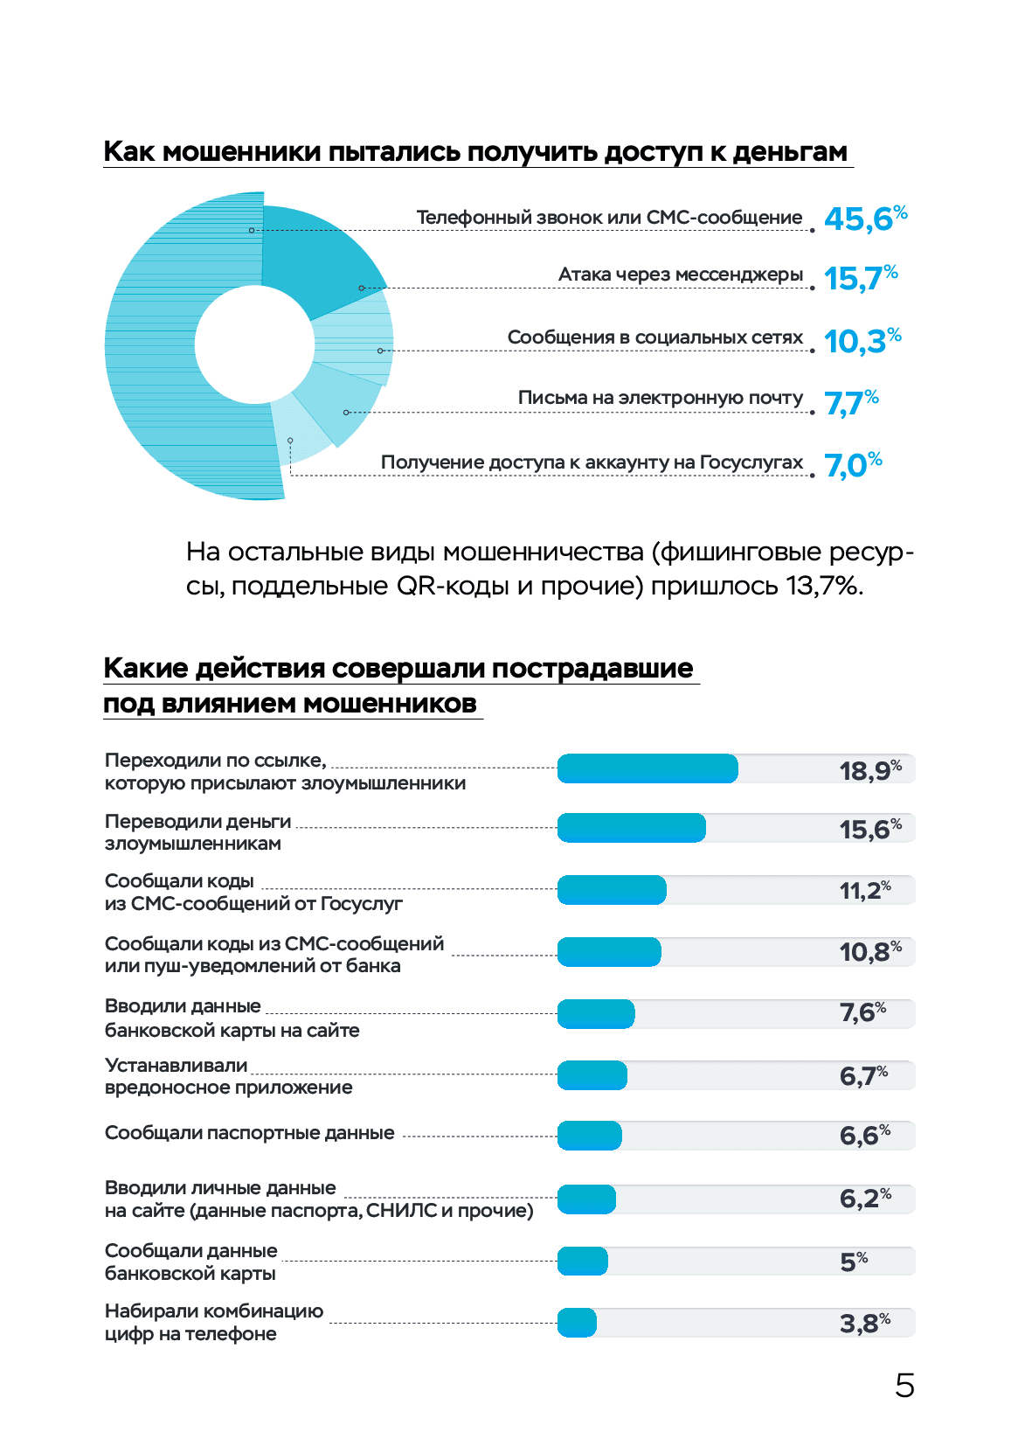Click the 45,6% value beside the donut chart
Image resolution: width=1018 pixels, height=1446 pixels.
(x=865, y=219)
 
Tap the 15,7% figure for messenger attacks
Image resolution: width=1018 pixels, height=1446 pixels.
(x=861, y=278)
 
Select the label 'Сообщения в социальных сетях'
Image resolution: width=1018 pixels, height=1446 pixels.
(x=654, y=337)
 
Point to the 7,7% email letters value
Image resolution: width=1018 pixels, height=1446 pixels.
(x=852, y=403)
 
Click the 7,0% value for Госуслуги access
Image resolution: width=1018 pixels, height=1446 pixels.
(x=853, y=465)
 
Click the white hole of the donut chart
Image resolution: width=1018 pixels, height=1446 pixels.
(x=254, y=344)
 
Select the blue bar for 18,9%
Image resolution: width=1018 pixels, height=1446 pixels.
(x=647, y=768)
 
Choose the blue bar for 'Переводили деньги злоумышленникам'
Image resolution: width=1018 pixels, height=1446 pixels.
(x=631, y=828)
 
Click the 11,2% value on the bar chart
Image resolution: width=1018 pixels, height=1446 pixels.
(x=864, y=890)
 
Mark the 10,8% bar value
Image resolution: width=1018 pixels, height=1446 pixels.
(x=869, y=951)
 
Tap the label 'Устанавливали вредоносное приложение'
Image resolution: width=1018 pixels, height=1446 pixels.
(x=228, y=1076)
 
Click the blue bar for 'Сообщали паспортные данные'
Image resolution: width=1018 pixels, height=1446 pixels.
(x=590, y=1136)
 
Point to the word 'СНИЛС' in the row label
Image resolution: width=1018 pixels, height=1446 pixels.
(x=401, y=1210)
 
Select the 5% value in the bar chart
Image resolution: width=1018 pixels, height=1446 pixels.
(x=854, y=1262)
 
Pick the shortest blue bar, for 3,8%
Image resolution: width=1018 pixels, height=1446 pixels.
(x=577, y=1323)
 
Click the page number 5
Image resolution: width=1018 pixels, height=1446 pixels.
(x=904, y=1386)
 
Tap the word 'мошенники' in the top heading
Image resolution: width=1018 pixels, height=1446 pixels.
(x=242, y=152)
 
